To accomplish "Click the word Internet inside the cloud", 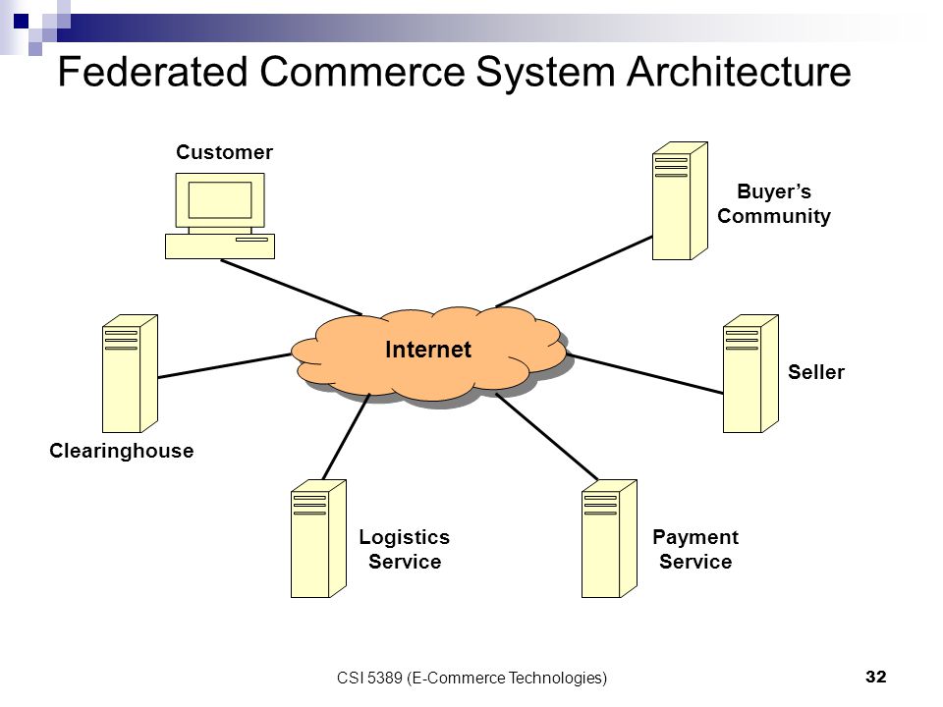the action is (x=427, y=350).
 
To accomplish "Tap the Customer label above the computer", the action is (x=224, y=152).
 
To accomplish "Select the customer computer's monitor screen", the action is (x=220, y=200).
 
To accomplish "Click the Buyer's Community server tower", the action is (x=680, y=200).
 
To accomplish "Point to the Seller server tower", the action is (x=750, y=373).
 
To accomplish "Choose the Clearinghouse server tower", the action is (x=130, y=373).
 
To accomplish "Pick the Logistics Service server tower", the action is (x=318, y=538).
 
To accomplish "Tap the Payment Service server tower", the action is (x=609, y=538).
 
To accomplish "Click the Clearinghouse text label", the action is (x=122, y=451).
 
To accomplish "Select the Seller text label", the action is (x=816, y=372).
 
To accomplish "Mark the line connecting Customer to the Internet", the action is (x=292, y=288).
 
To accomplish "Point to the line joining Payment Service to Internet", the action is (x=547, y=436).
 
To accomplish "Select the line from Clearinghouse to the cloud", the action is (x=225, y=365).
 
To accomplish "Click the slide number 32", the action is (x=875, y=677).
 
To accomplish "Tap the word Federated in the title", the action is (x=153, y=72).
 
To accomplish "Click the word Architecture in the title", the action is (x=739, y=72).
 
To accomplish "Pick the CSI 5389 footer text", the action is (x=471, y=679).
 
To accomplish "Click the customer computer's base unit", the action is (x=220, y=246).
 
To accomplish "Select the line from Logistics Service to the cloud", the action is (x=347, y=436).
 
